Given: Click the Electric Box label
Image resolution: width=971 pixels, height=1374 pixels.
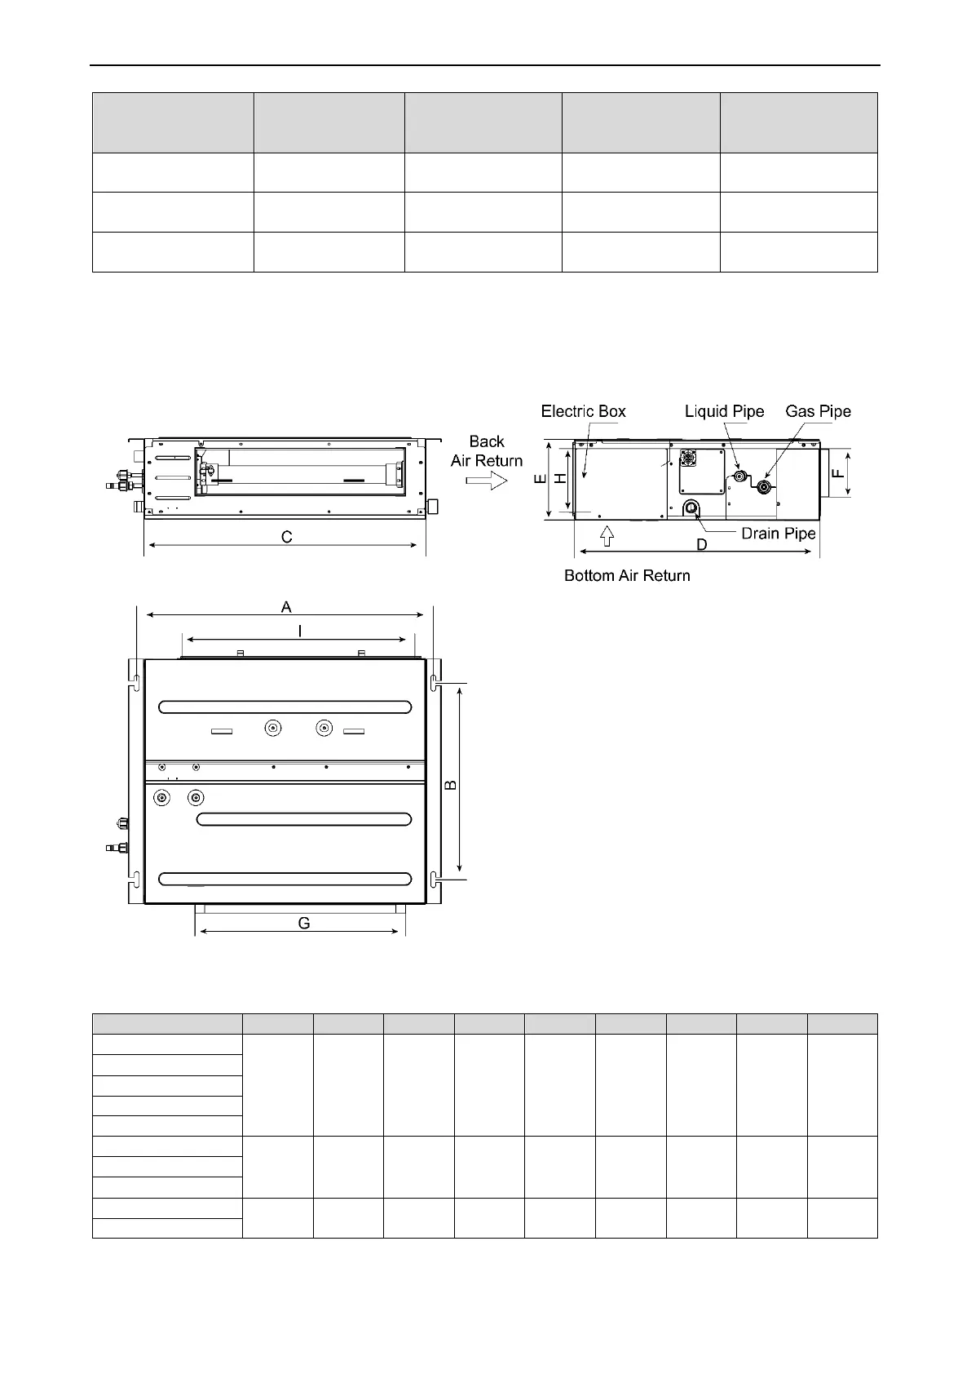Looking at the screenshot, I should [583, 411].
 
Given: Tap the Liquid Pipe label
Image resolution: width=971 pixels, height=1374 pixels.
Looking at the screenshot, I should [724, 411].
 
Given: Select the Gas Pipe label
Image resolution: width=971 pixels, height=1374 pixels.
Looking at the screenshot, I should [818, 411].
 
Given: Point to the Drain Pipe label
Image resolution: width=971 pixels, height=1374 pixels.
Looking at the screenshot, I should [778, 534].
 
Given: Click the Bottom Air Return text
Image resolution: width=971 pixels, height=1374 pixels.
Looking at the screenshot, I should [627, 576].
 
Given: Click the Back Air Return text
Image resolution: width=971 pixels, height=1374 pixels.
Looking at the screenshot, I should [487, 451].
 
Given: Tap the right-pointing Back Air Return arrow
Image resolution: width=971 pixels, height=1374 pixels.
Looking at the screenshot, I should [487, 481].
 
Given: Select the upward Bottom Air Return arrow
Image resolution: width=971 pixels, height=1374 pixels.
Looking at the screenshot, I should [606, 536].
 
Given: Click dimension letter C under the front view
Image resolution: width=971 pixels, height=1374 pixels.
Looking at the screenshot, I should [287, 537].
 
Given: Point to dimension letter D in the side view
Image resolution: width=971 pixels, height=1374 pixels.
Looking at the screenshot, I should [701, 544].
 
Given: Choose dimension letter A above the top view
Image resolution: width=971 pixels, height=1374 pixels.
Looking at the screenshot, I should [286, 607].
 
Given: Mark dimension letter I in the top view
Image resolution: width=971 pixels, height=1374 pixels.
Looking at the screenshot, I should [300, 631].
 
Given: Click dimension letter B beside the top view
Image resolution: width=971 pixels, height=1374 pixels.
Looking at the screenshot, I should [451, 785].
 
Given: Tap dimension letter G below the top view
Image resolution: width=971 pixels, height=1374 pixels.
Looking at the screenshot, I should [304, 923].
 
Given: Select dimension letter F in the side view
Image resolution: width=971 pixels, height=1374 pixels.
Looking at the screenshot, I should [837, 472].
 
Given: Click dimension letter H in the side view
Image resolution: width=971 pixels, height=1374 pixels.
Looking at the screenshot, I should [560, 480].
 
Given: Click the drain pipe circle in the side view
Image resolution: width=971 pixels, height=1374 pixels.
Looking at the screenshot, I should [691, 508].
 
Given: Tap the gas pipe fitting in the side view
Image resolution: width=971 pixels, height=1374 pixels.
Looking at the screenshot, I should [764, 488].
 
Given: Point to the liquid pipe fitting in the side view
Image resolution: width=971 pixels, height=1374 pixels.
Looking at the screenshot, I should [740, 476].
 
